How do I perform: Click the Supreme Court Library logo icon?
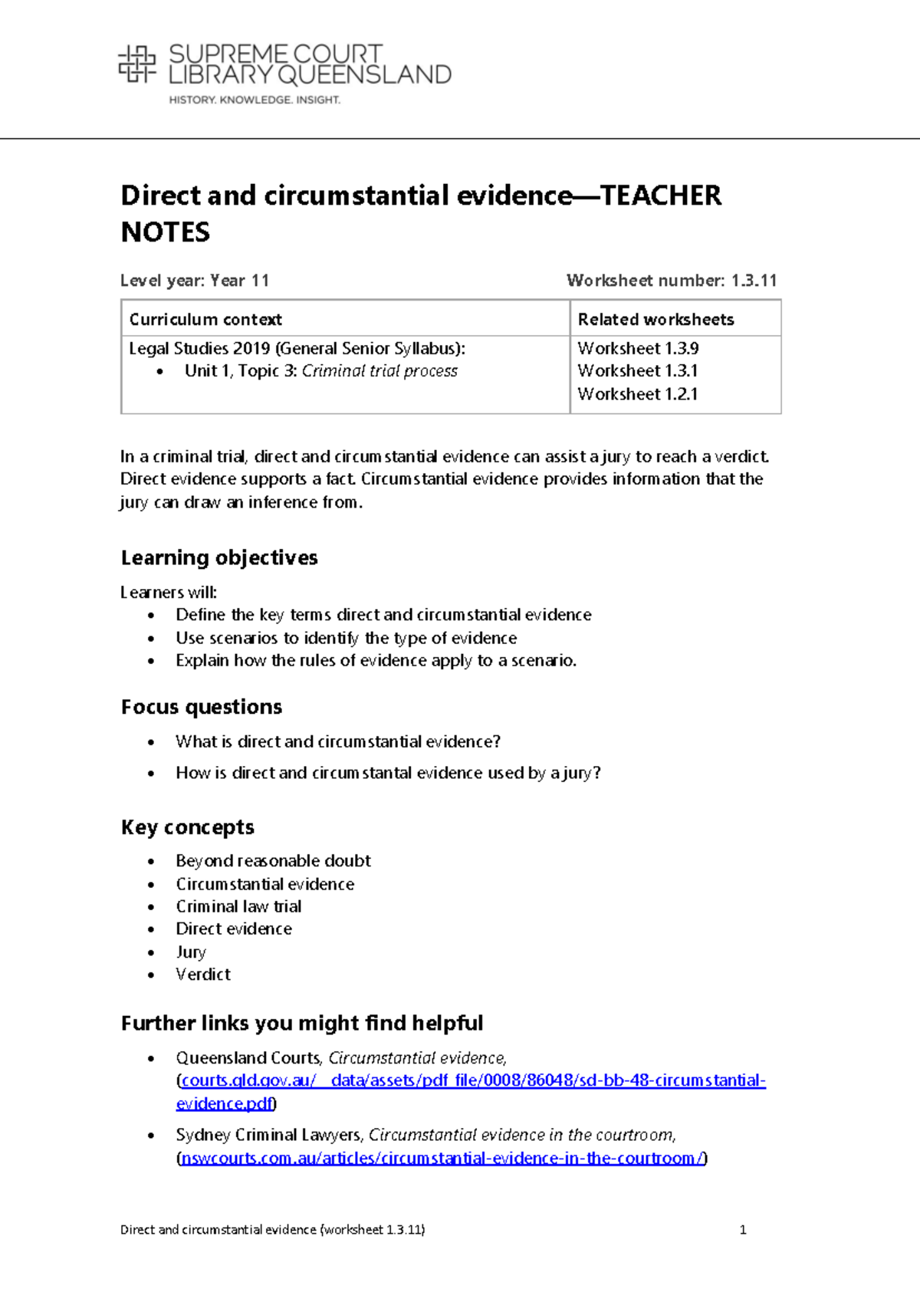coord(136,64)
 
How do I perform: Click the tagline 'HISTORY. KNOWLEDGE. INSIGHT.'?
coord(255,100)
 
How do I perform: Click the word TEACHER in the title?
coord(661,196)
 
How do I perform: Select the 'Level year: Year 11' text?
coord(195,281)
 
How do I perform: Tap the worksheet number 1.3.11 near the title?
coord(754,281)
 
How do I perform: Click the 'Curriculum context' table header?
coord(205,319)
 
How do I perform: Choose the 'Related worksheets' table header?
coord(655,319)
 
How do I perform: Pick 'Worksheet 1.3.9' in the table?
coord(638,348)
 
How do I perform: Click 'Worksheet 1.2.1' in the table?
coord(638,394)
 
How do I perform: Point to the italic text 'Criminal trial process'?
coord(379,371)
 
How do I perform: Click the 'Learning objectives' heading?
coord(219,557)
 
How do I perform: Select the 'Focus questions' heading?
coord(202,707)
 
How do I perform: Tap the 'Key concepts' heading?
coord(188,827)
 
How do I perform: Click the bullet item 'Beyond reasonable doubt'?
coord(273,861)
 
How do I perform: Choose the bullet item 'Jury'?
coord(191,952)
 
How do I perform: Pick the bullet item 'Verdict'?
coord(203,975)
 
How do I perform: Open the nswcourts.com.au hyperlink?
coord(442,1158)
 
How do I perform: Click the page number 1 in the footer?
coord(742,1230)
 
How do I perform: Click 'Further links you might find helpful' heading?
coord(302,1024)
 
